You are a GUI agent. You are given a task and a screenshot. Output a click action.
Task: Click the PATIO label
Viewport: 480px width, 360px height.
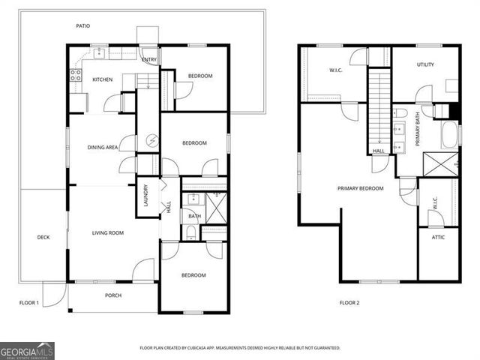tap(82, 26)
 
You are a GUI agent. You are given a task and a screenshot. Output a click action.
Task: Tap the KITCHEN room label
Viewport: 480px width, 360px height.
tap(102, 79)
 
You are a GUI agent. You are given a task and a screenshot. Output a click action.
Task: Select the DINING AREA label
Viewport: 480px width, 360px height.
tap(102, 148)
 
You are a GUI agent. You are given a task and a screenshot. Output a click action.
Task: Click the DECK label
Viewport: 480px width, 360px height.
tap(43, 238)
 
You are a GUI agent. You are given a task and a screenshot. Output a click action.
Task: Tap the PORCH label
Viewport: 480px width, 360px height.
tap(112, 295)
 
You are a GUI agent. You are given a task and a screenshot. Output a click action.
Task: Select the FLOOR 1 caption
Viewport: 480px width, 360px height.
tap(29, 303)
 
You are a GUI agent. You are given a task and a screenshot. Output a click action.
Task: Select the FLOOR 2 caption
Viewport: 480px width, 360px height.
tap(349, 303)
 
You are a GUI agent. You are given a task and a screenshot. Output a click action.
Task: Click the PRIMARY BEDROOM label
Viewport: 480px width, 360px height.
tap(360, 188)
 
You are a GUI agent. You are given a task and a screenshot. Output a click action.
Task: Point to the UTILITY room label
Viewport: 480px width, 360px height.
tap(425, 65)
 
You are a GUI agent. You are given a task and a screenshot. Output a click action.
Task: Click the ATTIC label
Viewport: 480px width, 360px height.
tap(438, 238)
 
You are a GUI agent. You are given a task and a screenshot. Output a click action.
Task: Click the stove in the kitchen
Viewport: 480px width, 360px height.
tap(75, 74)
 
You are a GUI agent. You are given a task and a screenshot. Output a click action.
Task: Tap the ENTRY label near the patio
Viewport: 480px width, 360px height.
tap(149, 60)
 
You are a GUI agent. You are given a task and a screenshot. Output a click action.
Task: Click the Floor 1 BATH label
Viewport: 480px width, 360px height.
tap(194, 217)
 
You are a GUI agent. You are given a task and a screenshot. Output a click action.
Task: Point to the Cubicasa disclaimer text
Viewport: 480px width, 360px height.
tap(240, 348)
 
